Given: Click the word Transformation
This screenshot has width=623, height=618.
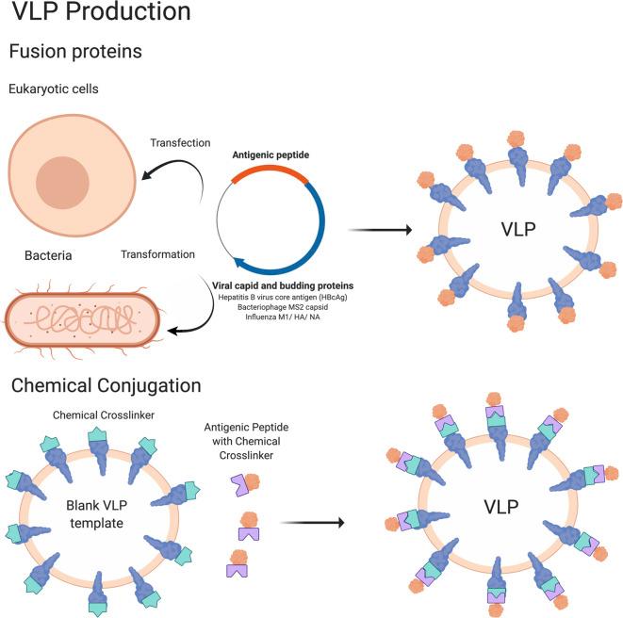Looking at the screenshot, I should pos(157,254).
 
